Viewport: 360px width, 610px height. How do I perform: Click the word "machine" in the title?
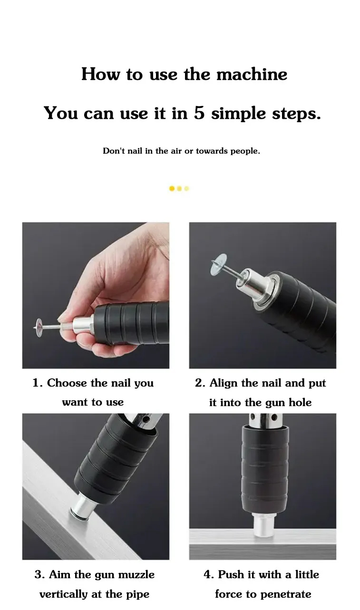coord(252,75)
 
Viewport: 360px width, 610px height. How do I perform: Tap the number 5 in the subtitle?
coord(199,114)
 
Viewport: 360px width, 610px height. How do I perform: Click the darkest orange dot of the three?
coord(172,189)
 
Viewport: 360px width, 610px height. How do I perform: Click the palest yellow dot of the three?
coord(186,189)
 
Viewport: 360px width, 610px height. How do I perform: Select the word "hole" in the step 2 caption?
coord(301,403)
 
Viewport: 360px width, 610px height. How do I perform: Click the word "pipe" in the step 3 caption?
coord(138,594)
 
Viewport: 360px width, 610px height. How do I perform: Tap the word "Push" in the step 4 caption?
coord(230,575)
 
